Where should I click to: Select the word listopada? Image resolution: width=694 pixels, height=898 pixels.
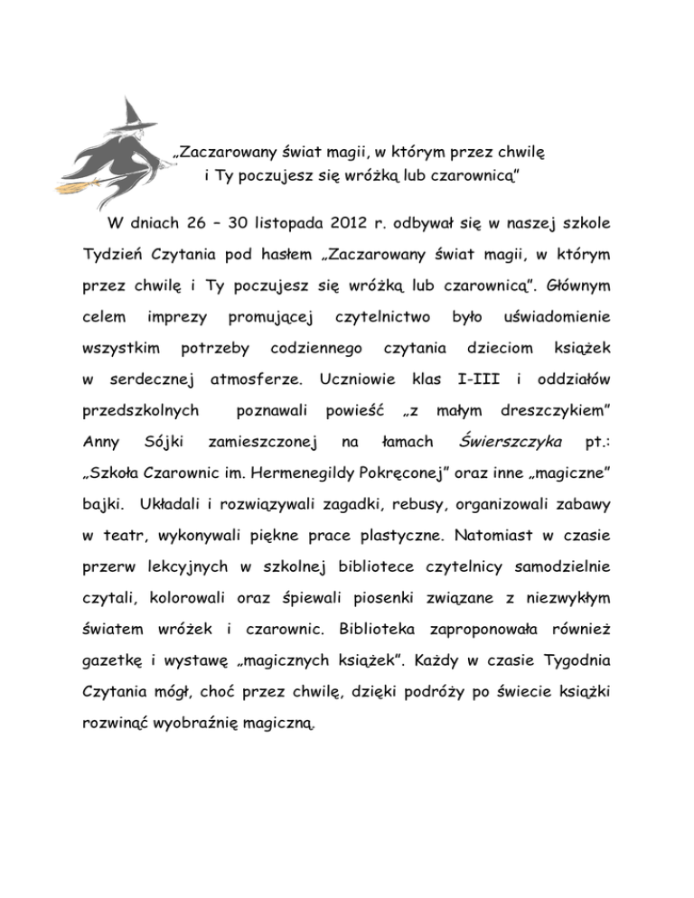pyautogui.click(x=276, y=222)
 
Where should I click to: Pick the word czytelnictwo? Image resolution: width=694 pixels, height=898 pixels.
pyautogui.click(x=381, y=317)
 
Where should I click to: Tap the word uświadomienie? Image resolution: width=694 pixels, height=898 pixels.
pyautogui.click(x=554, y=317)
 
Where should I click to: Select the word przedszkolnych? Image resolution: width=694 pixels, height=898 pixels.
pyautogui.click(x=136, y=412)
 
